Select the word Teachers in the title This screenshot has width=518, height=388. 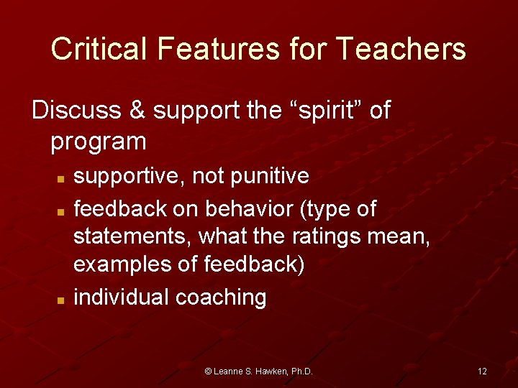pos(401,49)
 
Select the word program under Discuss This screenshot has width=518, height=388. pos(98,142)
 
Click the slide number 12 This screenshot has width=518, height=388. pos(482,371)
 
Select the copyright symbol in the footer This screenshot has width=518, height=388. pos(209,371)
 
